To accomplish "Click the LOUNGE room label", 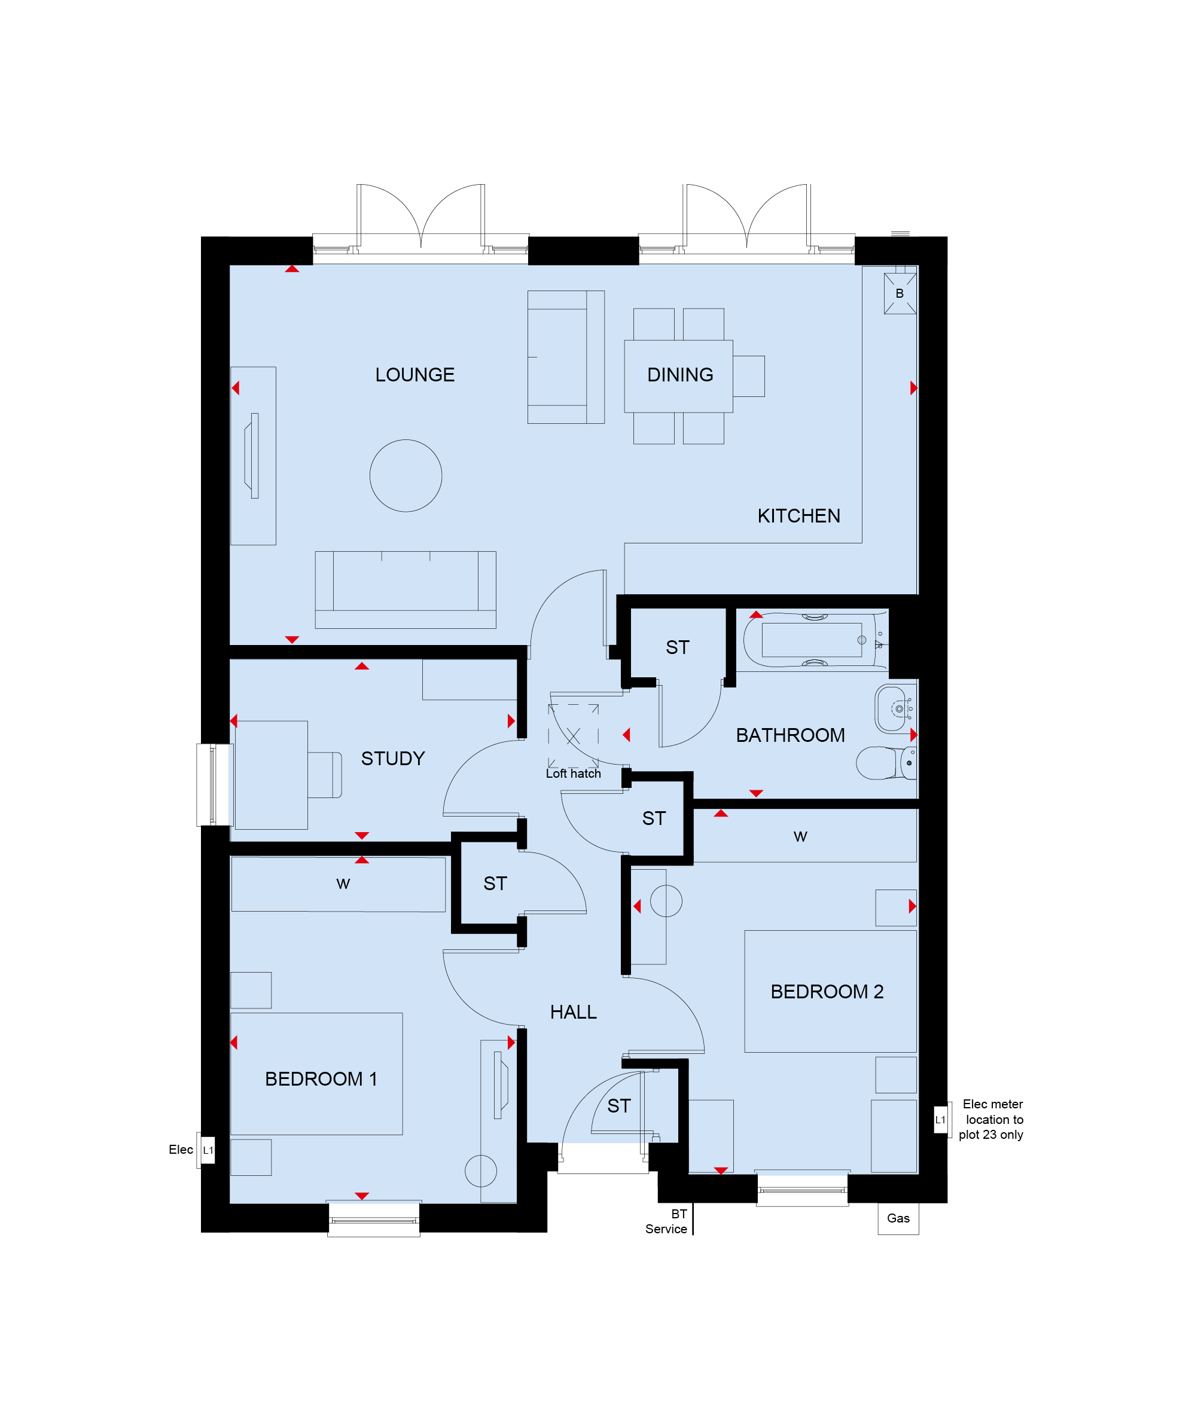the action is click(414, 375).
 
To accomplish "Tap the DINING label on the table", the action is click(680, 375).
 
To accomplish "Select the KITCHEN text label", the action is click(798, 516).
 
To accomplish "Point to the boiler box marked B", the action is click(900, 294).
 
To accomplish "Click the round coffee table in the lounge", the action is click(406, 476).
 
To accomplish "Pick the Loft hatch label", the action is click(573, 774).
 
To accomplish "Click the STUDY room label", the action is click(393, 759).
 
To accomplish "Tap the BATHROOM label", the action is click(791, 735).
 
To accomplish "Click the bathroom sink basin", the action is click(895, 709).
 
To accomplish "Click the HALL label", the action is click(573, 1013).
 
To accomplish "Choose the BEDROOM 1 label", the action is click(321, 1079).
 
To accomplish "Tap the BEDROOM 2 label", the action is click(827, 992).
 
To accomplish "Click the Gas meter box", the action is click(898, 1220).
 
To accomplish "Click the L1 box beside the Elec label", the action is click(208, 1150).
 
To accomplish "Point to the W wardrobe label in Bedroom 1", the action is click(343, 884).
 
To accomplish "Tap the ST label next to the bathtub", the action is click(678, 647).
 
